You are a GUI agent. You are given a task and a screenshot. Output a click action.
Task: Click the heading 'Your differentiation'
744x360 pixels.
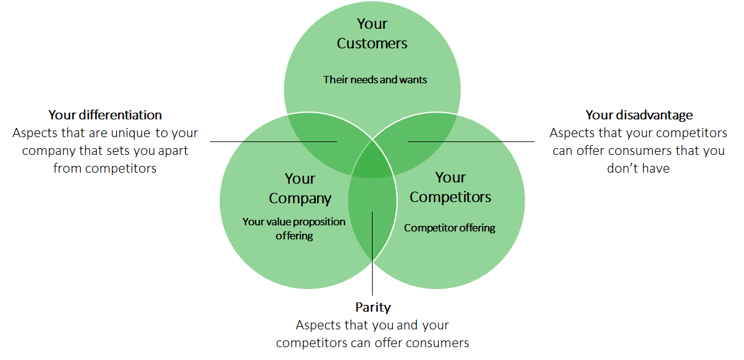pos(105,115)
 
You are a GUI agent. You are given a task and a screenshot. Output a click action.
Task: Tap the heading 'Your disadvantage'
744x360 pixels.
pos(639,115)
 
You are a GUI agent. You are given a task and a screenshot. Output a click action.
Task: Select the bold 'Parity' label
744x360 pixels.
pos(373,307)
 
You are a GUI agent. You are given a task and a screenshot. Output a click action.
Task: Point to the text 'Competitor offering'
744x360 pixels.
pos(450,228)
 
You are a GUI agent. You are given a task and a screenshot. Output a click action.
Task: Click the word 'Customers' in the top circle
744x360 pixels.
pos(372,43)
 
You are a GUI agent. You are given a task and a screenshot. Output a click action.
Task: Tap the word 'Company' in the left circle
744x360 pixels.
pos(300,198)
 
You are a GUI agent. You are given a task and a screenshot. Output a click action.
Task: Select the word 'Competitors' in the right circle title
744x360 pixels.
pos(450,197)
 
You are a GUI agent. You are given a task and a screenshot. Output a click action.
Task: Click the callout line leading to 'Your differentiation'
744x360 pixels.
pos(257,141)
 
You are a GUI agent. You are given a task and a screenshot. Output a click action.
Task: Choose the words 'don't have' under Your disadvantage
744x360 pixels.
pos(639,168)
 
